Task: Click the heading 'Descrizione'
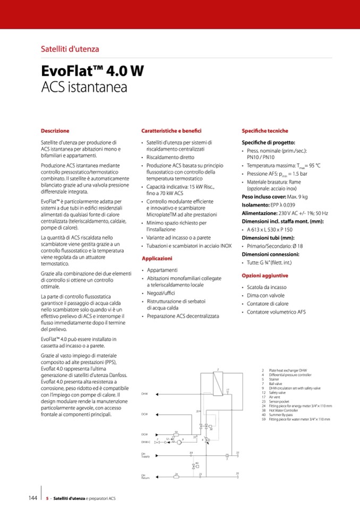click(x=55, y=131)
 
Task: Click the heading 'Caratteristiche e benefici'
click(x=171, y=131)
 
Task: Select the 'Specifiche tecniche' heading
click(x=265, y=131)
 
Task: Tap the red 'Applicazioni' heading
click(x=157, y=258)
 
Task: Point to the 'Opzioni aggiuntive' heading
click(x=265, y=275)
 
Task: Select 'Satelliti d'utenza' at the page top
click(x=70, y=49)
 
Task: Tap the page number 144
click(x=32, y=498)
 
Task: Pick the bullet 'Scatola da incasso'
click(x=267, y=287)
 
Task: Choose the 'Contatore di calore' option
click(x=268, y=304)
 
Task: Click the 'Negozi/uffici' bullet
click(x=162, y=293)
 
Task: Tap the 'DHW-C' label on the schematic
click(x=145, y=442)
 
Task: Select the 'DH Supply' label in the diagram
click(x=145, y=455)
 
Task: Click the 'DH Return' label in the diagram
click(x=144, y=476)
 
